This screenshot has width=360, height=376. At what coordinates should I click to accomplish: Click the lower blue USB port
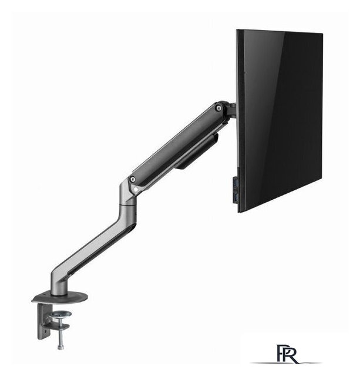[236, 198]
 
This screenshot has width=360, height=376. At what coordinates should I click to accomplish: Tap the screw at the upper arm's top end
[218, 108]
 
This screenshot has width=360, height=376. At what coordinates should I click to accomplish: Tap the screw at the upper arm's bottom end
[132, 179]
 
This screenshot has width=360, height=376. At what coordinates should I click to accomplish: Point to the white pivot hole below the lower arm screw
[136, 190]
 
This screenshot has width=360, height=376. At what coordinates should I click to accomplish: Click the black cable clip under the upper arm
[197, 152]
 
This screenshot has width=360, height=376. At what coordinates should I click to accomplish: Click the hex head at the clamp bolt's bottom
[60, 347]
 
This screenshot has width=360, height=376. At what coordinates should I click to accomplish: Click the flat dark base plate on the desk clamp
[60, 298]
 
